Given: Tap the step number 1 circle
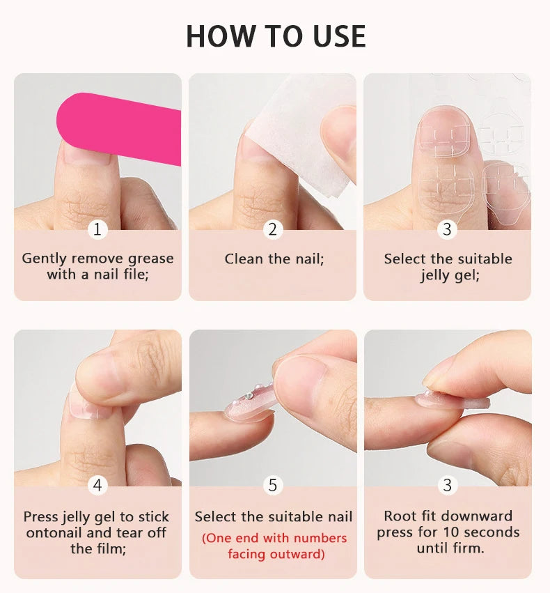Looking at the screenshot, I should pos(97,229).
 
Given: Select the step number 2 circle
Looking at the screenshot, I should pos(272,229).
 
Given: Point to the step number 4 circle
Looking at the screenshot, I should pos(97,485).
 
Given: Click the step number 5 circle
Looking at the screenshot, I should pos(272,485).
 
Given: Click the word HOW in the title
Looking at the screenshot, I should pos(216,36).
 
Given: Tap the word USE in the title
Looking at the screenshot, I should pos(339,36).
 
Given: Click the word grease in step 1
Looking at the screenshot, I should pos(150,259).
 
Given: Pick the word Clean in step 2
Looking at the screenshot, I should pos(244,259).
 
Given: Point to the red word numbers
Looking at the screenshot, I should pos(320,538).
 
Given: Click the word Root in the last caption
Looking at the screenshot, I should pos(400,516).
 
